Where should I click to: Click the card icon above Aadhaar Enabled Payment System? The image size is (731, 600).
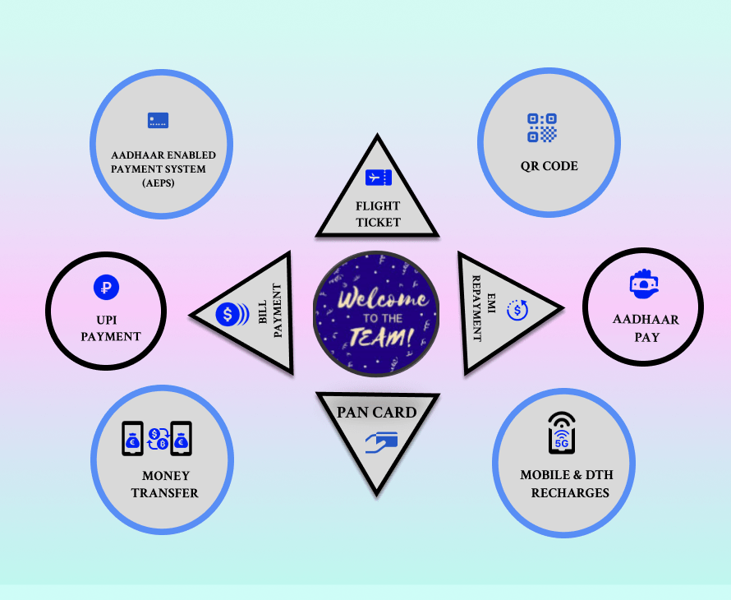158,121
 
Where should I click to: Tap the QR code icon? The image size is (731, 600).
542,128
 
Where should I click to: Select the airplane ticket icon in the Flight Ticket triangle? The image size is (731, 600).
378,177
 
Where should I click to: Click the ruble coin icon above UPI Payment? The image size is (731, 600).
105,288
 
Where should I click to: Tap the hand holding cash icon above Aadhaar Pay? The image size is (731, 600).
644,283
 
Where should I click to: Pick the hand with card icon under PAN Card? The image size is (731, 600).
381,442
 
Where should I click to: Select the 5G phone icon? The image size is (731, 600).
562,434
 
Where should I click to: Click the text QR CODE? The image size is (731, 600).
549,166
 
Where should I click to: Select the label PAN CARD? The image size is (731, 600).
377,412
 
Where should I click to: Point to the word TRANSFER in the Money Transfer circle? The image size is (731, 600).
166,493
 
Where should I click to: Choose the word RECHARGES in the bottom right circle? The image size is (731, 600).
570,493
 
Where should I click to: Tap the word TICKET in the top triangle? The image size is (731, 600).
378,222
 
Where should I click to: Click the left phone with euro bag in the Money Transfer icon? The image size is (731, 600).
133,439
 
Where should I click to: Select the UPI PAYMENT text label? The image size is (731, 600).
111,327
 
